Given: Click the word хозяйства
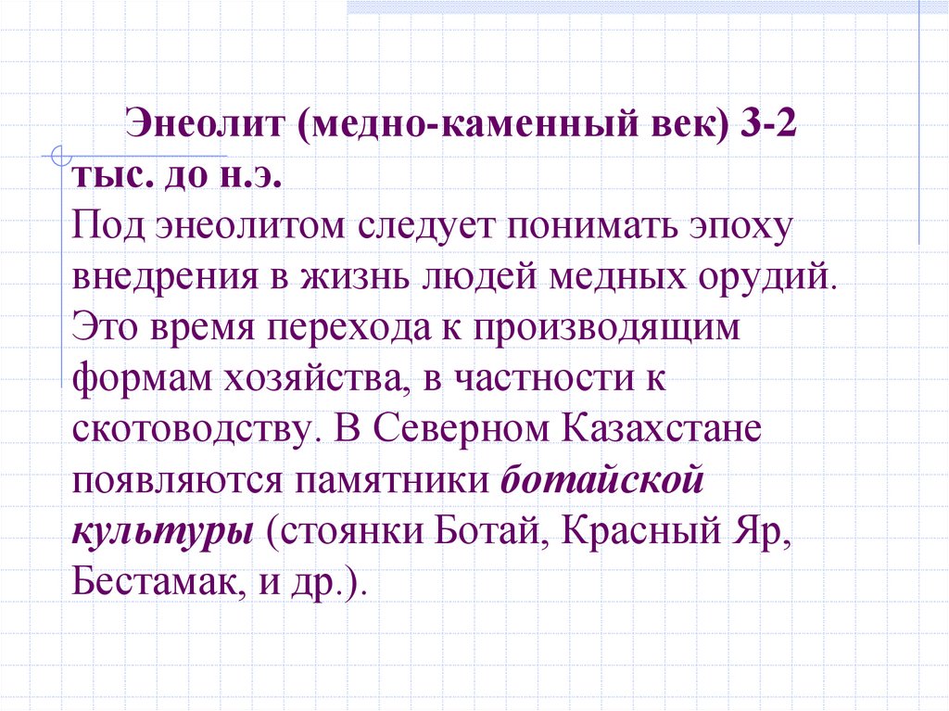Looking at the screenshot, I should (307, 380).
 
